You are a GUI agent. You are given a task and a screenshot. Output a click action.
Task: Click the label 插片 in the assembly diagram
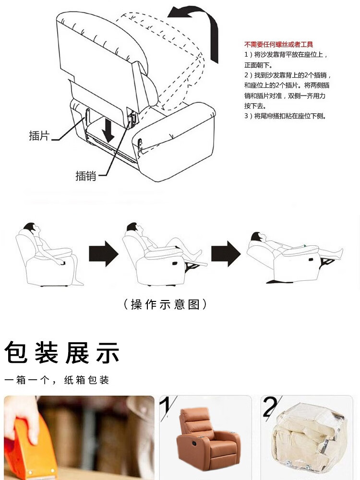(39, 135)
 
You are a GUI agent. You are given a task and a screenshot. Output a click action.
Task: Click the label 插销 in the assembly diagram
(86, 176)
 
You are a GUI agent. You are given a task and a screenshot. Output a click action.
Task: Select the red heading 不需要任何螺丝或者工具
(278, 45)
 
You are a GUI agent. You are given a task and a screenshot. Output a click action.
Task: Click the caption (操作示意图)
(165, 304)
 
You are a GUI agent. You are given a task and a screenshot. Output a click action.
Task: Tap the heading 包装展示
(62, 353)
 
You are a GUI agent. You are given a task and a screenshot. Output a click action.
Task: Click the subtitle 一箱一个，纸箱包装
(57, 380)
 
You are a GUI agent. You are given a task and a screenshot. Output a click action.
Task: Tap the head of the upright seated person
(31, 228)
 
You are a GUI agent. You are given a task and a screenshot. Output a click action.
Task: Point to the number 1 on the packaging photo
(167, 407)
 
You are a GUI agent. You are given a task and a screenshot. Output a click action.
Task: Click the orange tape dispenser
(27, 450)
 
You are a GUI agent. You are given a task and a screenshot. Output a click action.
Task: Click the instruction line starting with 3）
(285, 116)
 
